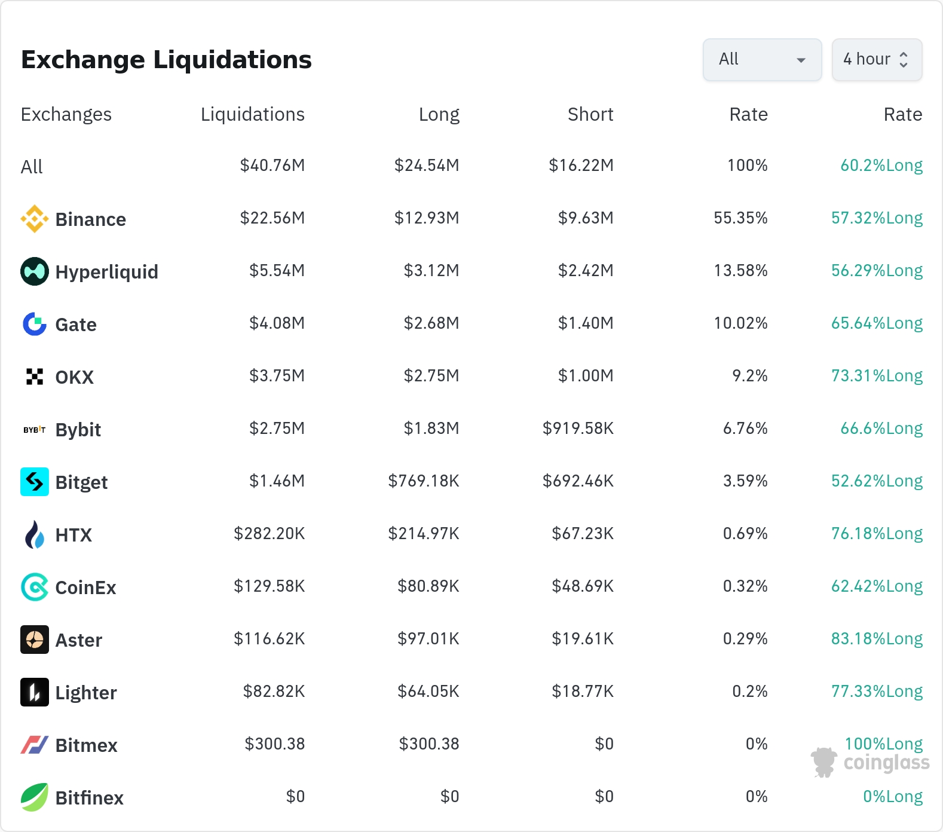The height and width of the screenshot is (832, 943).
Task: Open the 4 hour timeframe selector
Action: [x=877, y=60]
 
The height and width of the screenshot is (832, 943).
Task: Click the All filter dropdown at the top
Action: [x=762, y=60]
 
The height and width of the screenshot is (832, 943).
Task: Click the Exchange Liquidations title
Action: [x=166, y=60]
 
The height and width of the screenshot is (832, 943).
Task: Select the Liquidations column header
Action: [x=253, y=114]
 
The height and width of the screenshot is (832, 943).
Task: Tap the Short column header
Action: [x=590, y=114]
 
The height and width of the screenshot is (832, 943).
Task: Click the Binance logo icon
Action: [x=35, y=219]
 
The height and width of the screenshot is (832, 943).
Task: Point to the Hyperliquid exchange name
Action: [x=107, y=272]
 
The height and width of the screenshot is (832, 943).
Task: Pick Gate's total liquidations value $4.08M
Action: [x=277, y=323]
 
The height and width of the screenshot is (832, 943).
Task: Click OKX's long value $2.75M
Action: [x=431, y=376]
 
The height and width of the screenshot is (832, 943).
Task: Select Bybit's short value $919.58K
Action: [x=578, y=429]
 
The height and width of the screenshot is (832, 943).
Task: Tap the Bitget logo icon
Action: [x=35, y=482]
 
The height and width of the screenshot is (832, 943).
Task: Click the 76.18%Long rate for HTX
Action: [x=877, y=534]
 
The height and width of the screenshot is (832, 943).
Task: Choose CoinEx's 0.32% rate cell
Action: [x=745, y=586]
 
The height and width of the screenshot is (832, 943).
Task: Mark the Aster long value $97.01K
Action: [x=428, y=639]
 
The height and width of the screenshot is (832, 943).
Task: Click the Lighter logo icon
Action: [x=35, y=692]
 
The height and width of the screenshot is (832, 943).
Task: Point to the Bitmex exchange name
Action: [x=87, y=745]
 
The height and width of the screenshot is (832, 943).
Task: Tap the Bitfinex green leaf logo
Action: [x=35, y=797]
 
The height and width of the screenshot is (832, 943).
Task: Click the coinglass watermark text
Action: [x=886, y=763]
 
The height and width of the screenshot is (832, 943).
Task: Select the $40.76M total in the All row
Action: [x=273, y=166]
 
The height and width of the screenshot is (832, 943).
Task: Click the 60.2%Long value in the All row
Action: [x=881, y=166]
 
